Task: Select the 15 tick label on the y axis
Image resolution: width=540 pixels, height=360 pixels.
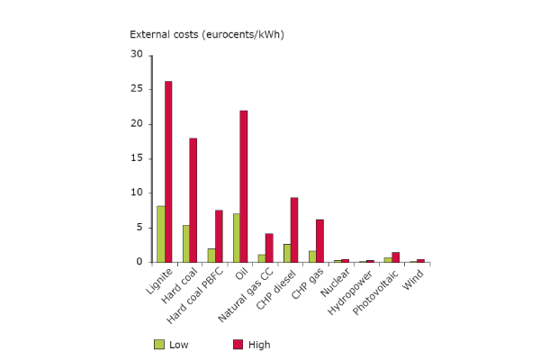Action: [x=137, y=158]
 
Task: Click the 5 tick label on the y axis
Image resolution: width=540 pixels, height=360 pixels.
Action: [x=139, y=228]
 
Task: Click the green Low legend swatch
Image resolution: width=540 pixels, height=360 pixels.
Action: [x=159, y=344]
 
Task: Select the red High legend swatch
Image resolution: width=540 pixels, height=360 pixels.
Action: [x=238, y=344]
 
